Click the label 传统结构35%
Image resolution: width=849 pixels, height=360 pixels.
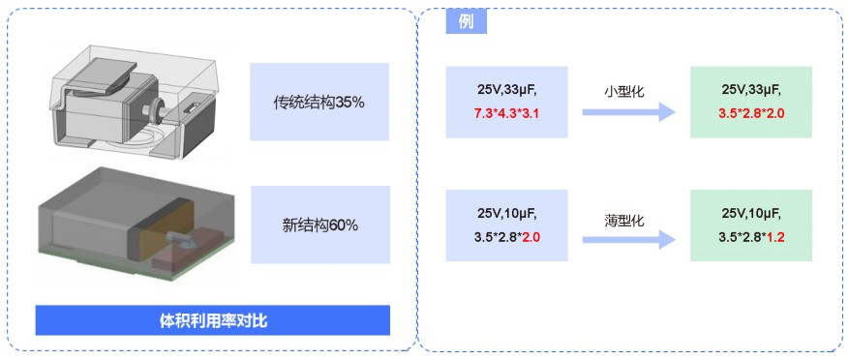pyautogui.click(x=318, y=102)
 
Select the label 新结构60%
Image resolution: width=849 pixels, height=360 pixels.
pyautogui.click(x=320, y=225)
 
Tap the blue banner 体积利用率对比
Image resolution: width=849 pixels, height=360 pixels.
pyautogui.click(x=213, y=321)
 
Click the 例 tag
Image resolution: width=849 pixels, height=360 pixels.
pyautogui.click(x=467, y=22)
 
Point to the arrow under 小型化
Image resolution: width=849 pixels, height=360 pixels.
pyautogui.click(x=628, y=112)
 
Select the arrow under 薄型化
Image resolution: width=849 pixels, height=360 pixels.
pyautogui.click(x=628, y=240)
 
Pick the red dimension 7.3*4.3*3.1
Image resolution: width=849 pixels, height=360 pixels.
pyautogui.click(x=507, y=114)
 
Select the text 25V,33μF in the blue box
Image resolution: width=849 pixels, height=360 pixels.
pyautogui.click(x=503, y=91)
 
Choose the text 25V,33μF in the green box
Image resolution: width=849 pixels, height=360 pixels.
pyautogui.click(x=751, y=90)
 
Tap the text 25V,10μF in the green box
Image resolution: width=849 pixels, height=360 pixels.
pyautogui.click(x=751, y=214)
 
